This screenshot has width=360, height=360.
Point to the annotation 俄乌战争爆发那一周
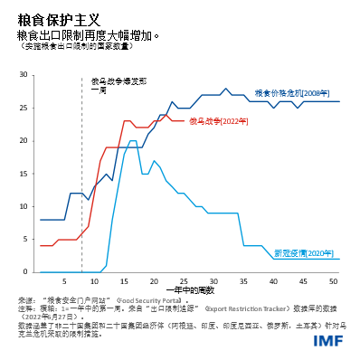click(x=112, y=85)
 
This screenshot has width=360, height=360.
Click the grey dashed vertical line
click(x=82, y=181)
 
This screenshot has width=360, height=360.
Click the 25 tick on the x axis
click(x=184, y=279)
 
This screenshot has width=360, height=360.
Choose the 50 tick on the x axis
click(x=334, y=279)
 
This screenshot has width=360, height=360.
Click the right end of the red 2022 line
click(x=184, y=121)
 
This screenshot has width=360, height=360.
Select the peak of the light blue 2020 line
click(x=133, y=141)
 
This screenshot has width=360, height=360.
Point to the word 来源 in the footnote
click(x=24, y=298)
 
